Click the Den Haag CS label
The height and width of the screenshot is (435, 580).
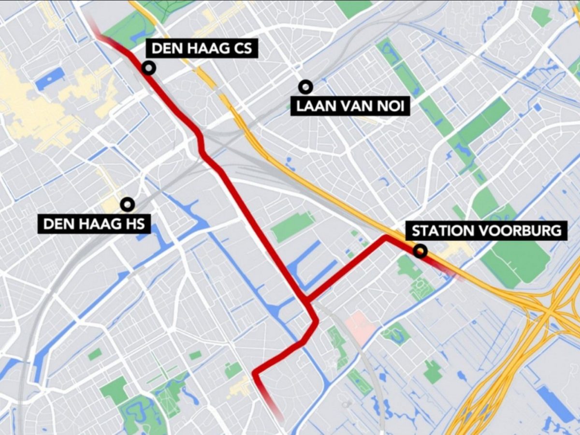point(202,49)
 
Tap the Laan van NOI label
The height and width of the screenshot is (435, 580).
point(350,106)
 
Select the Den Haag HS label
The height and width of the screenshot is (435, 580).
point(94,224)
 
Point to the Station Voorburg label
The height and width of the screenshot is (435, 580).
point(487,231)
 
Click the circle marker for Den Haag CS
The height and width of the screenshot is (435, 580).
point(149,68)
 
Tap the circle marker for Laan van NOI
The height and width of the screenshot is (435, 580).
point(305,87)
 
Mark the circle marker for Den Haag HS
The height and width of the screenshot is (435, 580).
point(128,204)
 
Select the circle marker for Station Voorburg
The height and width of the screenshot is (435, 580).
point(421,250)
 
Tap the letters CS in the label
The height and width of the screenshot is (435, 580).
point(241,49)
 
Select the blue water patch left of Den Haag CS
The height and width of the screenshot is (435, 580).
point(50,78)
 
